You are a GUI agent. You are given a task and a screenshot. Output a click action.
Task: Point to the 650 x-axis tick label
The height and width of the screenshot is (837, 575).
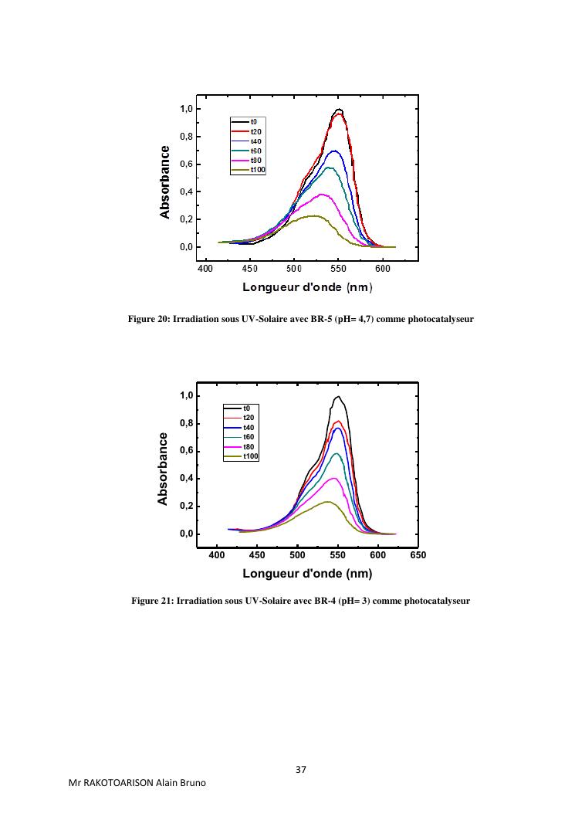point(418,554)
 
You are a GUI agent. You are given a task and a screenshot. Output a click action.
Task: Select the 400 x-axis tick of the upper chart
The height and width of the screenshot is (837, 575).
point(205,268)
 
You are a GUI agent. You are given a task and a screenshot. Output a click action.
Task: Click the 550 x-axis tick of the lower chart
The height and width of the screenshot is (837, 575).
point(337,554)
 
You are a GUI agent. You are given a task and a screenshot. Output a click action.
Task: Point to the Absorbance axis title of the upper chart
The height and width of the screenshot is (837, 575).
point(166,181)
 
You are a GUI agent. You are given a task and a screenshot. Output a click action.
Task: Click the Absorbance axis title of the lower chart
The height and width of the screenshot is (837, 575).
point(163,469)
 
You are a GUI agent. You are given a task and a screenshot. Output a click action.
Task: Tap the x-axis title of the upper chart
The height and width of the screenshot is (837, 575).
point(307,288)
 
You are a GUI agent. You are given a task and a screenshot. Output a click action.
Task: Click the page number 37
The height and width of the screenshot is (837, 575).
point(301,770)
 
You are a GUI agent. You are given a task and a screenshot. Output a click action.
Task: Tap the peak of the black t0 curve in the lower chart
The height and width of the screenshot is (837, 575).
point(339,397)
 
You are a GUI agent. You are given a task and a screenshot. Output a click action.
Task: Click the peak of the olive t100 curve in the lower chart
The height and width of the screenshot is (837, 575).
point(328,502)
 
